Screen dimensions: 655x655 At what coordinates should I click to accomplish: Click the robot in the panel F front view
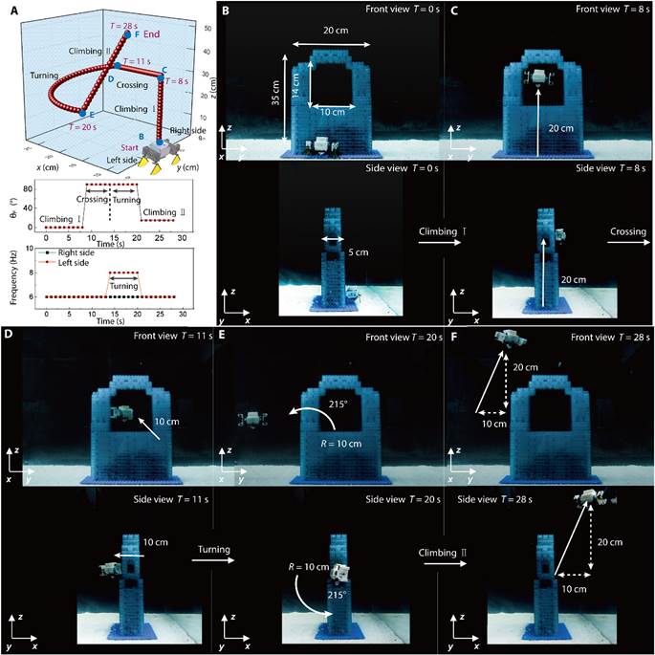[x=507, y=338]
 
